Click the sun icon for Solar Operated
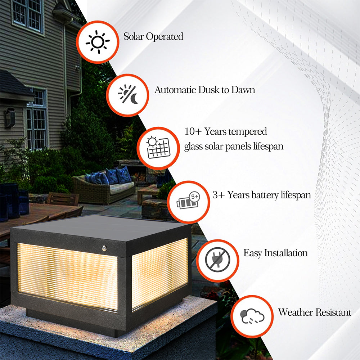pyautogui.click(x=97, y=42)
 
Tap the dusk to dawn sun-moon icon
pyautogui.click(x=127, y=95)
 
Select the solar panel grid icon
pyautogui.click(x=158, y=148)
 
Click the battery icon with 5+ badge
pyautogui.click(x=188, y=202)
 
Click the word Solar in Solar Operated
pyautogui.click(x=134, y=36)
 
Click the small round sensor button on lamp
pyautogui.click(x=105, y=248)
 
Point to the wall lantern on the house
pyautogui.click(x=10, y=117)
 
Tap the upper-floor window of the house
pyautogui.click(x=28, y=14)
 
